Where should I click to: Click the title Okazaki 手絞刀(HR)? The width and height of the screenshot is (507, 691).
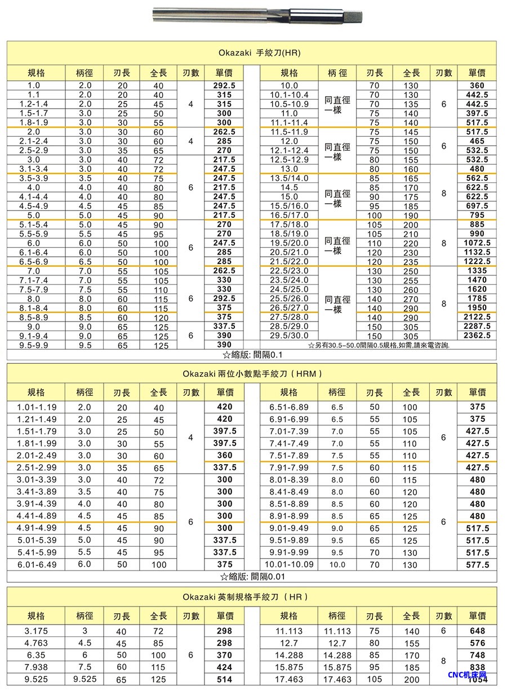[x=252, y=53]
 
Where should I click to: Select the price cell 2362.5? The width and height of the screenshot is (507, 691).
[x=477, y=336]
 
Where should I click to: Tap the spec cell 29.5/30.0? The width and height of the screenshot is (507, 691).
[x=289, y=336]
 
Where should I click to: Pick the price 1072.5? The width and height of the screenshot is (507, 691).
[x=477, y=243]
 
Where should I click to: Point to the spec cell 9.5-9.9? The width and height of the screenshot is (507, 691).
[x=37, y=345]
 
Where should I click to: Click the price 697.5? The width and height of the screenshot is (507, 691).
[x=477, y=206]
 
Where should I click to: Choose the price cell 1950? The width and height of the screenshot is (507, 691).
[x=477, y=308]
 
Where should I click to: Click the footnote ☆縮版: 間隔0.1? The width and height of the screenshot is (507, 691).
[x=252, y=355]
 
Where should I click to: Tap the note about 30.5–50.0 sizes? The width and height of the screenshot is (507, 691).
[x=379, y=345]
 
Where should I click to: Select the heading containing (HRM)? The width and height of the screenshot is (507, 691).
[x=252, y=373]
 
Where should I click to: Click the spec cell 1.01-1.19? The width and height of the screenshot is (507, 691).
[x=37, y=407]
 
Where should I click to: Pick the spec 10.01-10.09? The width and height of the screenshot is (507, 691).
[x=289, y=564]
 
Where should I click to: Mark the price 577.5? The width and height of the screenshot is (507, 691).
[x=477, y=565]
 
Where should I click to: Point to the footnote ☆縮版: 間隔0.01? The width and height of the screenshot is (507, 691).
[x=252, y=576]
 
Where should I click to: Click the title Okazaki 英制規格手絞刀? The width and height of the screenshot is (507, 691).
[x=252, y=597]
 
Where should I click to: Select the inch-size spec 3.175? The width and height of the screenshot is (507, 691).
[x=37, y=631]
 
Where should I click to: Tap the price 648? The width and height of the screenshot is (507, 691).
[x=477, y=631]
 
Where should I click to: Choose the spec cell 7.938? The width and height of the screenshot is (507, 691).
[x=37, y=667]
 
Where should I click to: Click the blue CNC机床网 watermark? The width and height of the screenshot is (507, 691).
[x=467, y=675]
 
